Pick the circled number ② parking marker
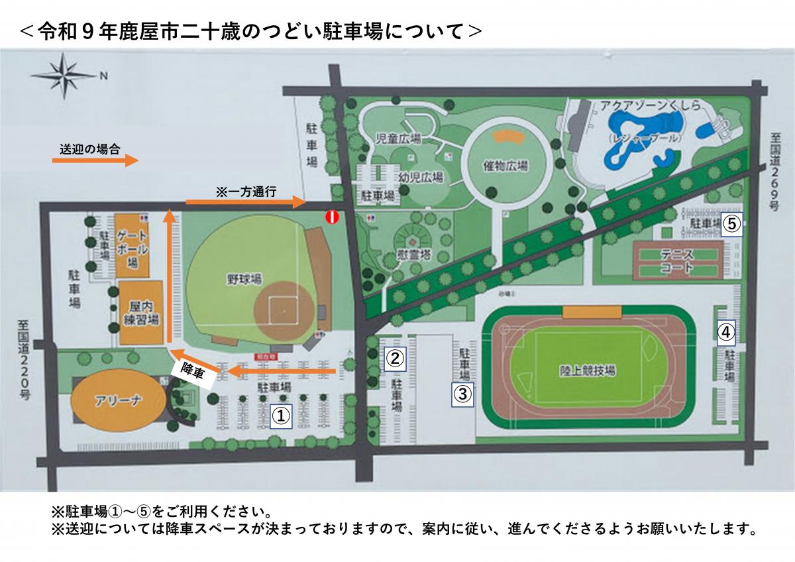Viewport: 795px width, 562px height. (395, 359)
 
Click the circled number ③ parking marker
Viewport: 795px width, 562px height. (462, 394)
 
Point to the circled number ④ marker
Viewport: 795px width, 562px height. (727, 331)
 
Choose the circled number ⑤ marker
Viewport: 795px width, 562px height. (731, 223)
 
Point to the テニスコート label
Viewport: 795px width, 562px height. (676, 261)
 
